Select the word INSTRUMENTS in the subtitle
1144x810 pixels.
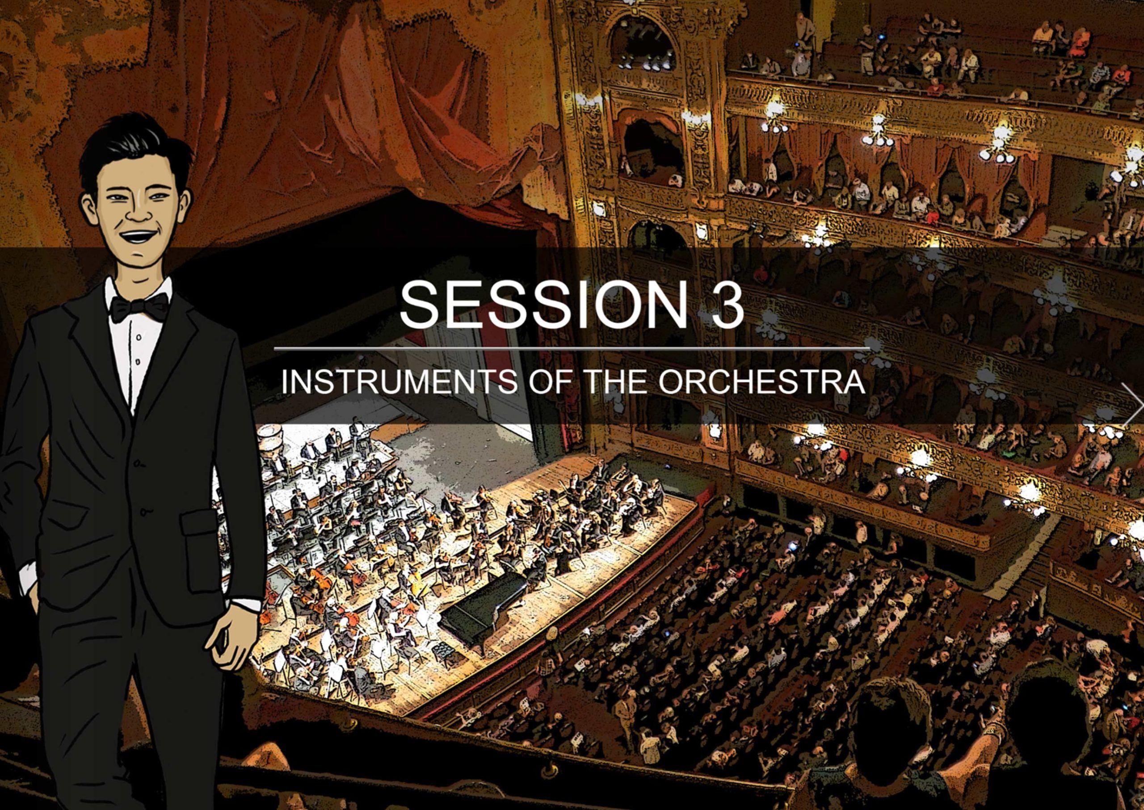pyautogui.click(x=399, y=382)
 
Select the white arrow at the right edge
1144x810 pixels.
pyautogui.click(x=1132, y=404)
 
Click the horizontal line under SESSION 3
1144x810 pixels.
pyautogui.click(x=572, y=348)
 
